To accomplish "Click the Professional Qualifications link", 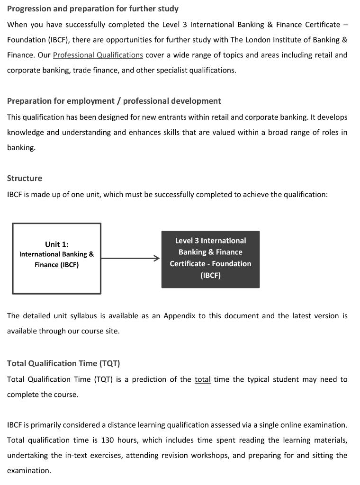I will pyautogui.click(x=98, y=55).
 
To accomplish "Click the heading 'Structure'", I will pyautogui.click(x=25, y=178).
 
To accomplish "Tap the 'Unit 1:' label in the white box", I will pyautogui.click(x=56, y=244).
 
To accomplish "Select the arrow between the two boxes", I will pyautogui.click(x=131, y=258).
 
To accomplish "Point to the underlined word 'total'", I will pyautogui.click(x=202, y=379).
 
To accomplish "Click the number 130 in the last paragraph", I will pyautogui.click(x=108, y=440).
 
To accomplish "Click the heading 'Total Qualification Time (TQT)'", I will pyautogui.click(x=63, y=363).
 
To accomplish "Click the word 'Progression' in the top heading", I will pyautogui.click(x=30, y=9).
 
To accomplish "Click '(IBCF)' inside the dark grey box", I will pyautogui.click(x=210, y=275).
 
